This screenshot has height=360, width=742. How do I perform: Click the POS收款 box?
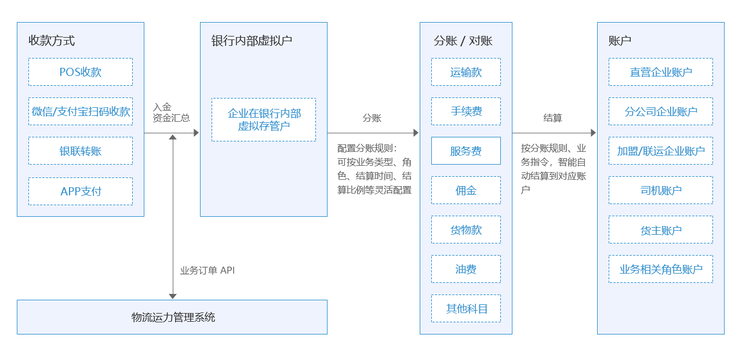coord(81,72)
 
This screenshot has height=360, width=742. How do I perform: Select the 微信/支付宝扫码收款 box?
coord(81,111)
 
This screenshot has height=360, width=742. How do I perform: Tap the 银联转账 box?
coord(81,151)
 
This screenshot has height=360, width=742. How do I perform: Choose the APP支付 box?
coord(81,191)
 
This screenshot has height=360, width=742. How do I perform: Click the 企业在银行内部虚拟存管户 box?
coord(264,119)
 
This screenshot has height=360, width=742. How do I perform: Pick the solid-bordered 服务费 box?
coord(465,151)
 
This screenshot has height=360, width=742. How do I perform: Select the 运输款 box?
coord(465,72)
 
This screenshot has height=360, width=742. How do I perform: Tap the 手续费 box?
coord(465,111)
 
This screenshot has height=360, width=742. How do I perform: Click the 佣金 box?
coord(465,190)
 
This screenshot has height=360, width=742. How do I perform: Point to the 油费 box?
coord(465,269)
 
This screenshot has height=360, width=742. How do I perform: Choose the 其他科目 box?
coord(465,308)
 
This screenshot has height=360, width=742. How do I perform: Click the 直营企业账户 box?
coord(661,72)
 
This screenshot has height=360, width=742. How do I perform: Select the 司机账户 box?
coord(661,190)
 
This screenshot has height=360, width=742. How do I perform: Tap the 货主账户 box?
coord(661,230)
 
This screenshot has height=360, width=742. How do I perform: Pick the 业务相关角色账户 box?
coord(661,269)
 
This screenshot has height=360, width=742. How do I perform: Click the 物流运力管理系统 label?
coord(173,317)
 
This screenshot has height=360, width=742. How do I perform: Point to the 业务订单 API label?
coord(208,270)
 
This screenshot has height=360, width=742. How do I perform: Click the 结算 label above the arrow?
coord(552,118)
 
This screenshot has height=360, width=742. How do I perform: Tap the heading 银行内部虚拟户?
coord(252,41)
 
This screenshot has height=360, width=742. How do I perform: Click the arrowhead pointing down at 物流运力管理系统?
coord(173,296)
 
